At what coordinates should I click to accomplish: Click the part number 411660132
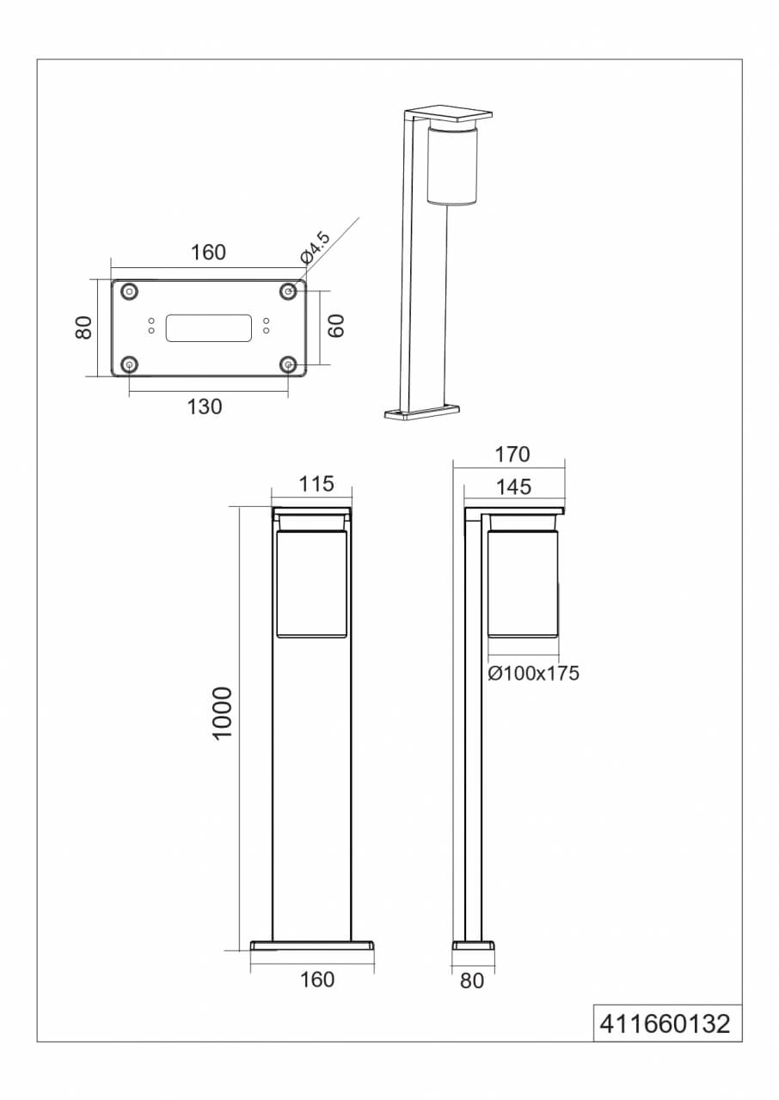[x=666, y=1024]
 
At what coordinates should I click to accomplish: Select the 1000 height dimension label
[x=222, y=714]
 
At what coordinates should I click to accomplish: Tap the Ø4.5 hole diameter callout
[x=315, y=247]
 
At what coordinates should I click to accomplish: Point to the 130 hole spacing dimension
[x=205, y=406]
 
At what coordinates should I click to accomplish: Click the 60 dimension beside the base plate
[x=335, y=326]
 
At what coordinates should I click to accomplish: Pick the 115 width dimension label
[x=316, y=485]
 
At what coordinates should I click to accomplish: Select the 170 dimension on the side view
[x=512, y=454]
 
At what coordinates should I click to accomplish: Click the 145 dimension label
[x=513, y=487]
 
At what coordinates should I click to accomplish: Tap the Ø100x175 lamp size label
[x=533, y=673]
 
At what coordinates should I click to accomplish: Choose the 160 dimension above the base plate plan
[x=208, y=252]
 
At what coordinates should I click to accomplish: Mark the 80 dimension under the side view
[x=472, y=980]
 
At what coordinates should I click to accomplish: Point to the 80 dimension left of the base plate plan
[x=83, y=327]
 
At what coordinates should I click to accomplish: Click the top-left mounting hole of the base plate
[x=129, y=291]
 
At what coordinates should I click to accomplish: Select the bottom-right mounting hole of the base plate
[x=288, y=364]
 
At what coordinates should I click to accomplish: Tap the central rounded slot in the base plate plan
[x=209, y=327]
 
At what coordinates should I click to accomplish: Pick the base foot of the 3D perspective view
[x=424, y=414]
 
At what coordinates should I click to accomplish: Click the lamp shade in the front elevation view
[x=311, y=584]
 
